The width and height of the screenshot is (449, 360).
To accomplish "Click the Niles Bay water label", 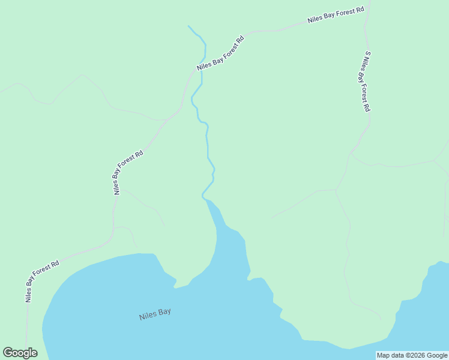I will pos(155,315).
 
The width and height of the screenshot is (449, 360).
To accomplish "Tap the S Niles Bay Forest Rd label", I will pos(364,82).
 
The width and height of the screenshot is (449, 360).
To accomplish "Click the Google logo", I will pos(20,353).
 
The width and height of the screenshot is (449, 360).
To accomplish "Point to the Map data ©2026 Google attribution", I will pos(412,356).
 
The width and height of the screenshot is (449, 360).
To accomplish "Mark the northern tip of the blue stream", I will pos(188,26).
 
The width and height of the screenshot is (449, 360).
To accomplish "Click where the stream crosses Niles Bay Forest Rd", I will pos(200,67).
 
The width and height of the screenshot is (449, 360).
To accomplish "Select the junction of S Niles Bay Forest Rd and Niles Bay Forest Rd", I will pos(366,26).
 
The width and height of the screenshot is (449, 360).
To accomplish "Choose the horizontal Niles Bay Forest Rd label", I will pos(336,15).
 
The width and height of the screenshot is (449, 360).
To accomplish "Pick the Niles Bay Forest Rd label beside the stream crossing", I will pos(220,55).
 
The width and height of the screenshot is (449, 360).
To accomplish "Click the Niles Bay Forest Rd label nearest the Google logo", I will pos(42,280).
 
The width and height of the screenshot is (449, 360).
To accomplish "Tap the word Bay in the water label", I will pos(164,314).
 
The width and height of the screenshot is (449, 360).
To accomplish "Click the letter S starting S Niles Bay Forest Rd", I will pos(367,53).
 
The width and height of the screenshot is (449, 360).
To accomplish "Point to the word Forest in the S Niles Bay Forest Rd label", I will pos(363,91).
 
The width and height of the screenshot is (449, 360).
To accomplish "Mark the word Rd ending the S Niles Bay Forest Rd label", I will pos(367,109).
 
